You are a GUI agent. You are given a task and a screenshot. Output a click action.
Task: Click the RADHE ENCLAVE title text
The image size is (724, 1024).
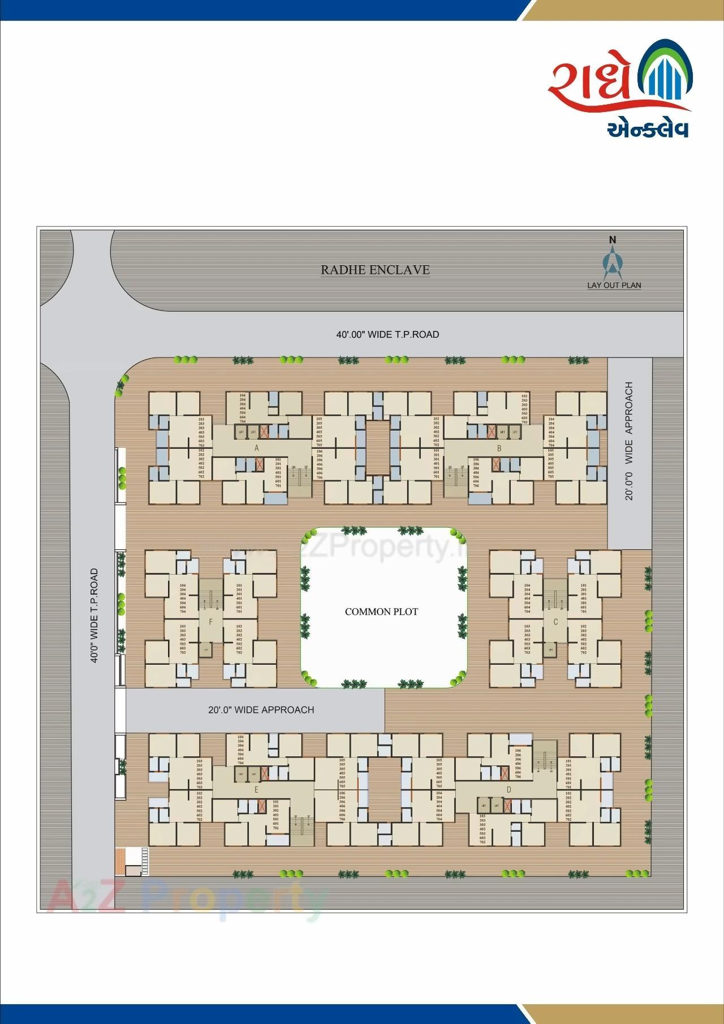[375, 270]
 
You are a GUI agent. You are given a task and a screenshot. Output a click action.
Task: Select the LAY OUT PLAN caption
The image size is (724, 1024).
[614, 285]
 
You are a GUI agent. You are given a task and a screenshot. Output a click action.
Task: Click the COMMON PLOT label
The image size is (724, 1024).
[381, 612]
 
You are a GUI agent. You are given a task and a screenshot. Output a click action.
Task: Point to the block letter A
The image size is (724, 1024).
[257, 448]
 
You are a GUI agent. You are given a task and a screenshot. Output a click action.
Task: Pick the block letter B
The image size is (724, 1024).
[499, 449]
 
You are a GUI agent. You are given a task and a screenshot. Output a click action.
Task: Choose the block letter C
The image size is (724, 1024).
[555, 622]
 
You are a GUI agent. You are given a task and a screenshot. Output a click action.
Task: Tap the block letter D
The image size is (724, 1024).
[508, 790]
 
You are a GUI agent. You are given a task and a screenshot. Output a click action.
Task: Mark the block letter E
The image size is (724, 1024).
[256, 790]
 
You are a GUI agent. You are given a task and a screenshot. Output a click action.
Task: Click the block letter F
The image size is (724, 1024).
[210, 622]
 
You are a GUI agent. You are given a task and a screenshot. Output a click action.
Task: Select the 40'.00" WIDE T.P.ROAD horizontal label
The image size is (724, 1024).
[387, 334]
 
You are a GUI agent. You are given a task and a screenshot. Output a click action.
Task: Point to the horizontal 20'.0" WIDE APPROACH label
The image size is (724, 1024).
[261, 709]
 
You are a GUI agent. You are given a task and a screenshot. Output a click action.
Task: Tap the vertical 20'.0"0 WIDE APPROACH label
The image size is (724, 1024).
[629, 441]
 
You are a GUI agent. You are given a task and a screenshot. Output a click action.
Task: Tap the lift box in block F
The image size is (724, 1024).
[206, 650]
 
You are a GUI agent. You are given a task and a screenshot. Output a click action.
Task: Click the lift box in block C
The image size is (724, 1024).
[550, 650]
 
